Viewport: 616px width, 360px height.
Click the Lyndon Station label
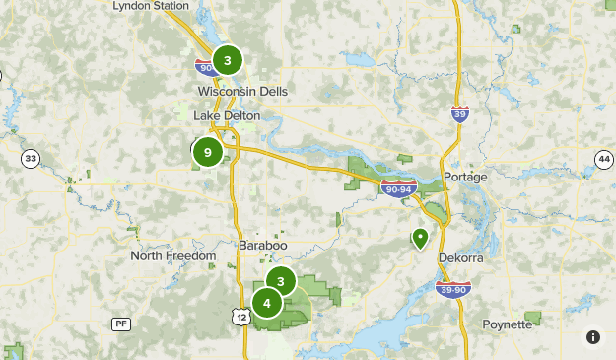(151, 6)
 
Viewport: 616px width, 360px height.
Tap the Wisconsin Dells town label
(241, 91)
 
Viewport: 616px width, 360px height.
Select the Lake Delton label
(227, 115)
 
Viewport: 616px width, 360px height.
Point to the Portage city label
(465, 177)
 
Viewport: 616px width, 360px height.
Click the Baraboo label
(262, 244)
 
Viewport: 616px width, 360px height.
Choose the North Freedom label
(173, 256)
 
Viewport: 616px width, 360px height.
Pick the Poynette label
(508, 324)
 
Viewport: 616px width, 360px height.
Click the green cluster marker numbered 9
(207, 152)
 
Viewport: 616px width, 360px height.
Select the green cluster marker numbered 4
(267, 304)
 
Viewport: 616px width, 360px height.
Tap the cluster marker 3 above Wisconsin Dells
(228, 61)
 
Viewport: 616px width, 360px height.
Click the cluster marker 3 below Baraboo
(281, 282)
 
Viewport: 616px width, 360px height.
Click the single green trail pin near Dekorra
(420, 237)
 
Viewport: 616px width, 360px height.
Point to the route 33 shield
(32, 159)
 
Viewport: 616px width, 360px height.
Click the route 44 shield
(604, 159)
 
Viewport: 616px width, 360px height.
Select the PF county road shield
(120, 323)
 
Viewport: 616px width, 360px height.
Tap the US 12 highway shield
(241, 316)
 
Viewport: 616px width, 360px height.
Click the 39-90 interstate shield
(453, 287)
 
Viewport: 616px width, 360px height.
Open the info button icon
(593, 337)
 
